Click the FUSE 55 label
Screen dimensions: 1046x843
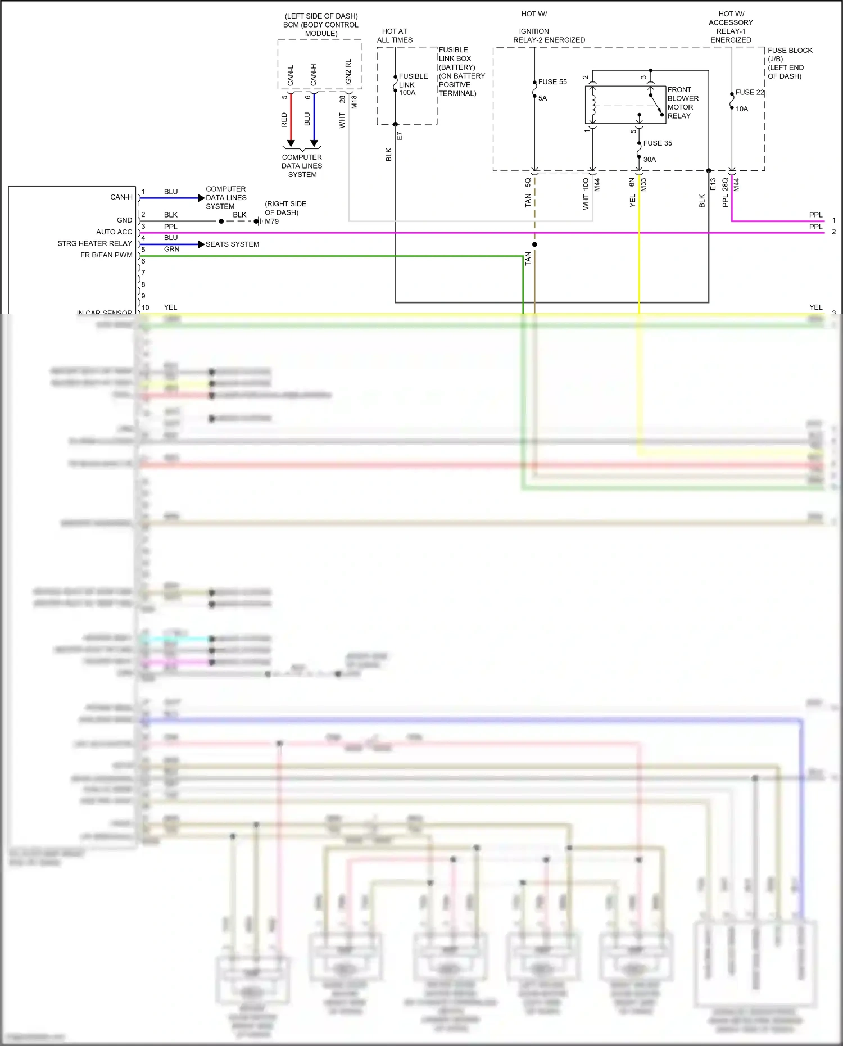pyautogui.click(x=552, y=82)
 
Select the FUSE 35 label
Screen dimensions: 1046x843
pyautogui.click(x=657, y=143)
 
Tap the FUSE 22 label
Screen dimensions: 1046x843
pyautogui.click(x=750, y=93)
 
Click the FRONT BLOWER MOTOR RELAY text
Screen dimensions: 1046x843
pyautogui.click(x=682, y=103)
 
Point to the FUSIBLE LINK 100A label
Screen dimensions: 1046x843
pyautogui.click(x=413, y=85)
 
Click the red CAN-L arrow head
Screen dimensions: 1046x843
pyautogui.click(x=291, y=143)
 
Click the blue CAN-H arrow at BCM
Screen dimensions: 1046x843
pyautogui.click(x=314, y=143)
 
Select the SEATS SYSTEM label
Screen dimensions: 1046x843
pyautogui.click(x=232, y=244)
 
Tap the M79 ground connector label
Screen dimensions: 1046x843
pyautogui.click(x=271, y=221)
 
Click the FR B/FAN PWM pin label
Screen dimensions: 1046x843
pyautogui.click(x=106, y=255)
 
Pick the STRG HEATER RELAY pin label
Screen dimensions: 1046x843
pyautogui.click(x=94, y=243)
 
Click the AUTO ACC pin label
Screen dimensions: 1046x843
pyautogui.click(x=114, y=232)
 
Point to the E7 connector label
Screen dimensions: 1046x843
pyautogui.click(x=400, y=136)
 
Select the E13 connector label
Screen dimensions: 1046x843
pyautogui.click(x=713, y=184)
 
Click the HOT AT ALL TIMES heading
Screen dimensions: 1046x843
pyautogui.click(x=395, y=36)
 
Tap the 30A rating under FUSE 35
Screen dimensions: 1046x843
pyautogui.click(x=649, y=160)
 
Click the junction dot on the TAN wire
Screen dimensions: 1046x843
pyautogui.click(x=534, y=244)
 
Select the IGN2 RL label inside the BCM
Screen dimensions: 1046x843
pyautogui.click(x=348, y=73)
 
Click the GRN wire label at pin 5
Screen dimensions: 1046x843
pyautogui.click(x=171, y=250)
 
